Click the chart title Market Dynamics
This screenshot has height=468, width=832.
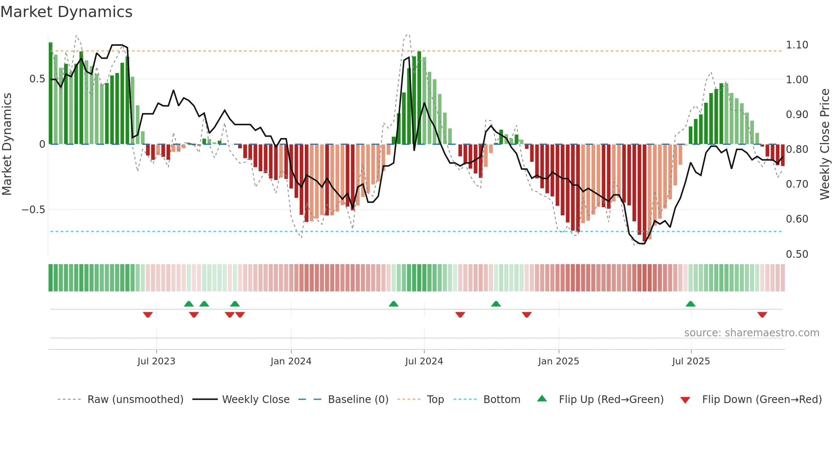(x=67, y=12)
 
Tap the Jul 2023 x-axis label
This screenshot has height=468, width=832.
(x=156, y=361)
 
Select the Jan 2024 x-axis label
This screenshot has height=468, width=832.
(x=291, y=361)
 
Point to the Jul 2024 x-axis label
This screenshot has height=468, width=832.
(x=424, y=361)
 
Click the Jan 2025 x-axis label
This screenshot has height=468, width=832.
(x=558, y=361)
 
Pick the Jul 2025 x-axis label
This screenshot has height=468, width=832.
(x=691, y=361)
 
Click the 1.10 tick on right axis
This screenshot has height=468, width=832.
(x=797, y=45)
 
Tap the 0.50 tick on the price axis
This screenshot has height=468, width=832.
(x=797, y=254)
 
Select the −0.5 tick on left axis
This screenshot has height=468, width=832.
(x=33, y=210)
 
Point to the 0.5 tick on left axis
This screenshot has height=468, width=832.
(x=37, y=79)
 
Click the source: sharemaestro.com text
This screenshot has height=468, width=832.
(x=751, y=333)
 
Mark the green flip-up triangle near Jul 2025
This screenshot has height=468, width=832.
(x=690, y=304)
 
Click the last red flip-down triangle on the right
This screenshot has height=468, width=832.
(x=762, y=315)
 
